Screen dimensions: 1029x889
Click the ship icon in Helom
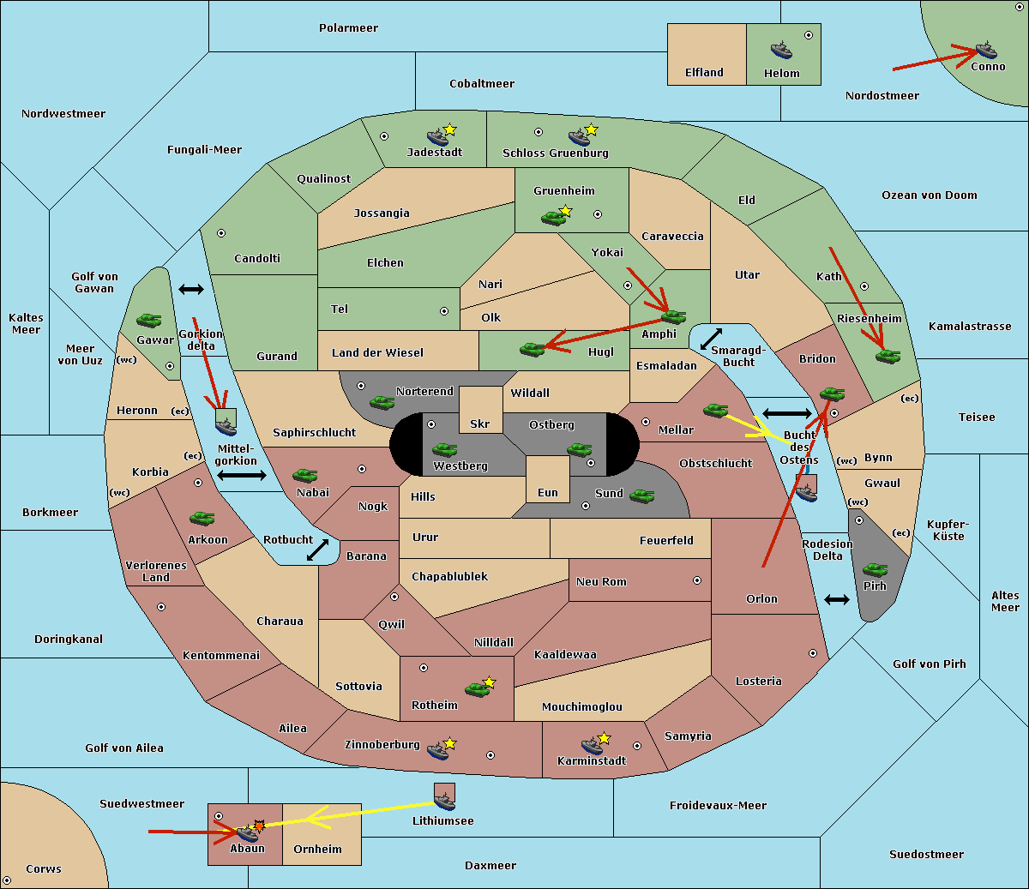pyautogui.click(x=781, y=50)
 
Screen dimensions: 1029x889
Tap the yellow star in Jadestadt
pyautogui.click(x=449, y=130)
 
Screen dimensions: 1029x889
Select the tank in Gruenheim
pyautogui.click(x=554, y=218)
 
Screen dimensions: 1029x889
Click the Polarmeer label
pyautogui.click(x=348, y=28)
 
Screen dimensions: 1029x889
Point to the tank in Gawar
pyautogui.click(x=149, y=321)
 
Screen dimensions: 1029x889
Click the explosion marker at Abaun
pyautogui.click(x=259, y=826)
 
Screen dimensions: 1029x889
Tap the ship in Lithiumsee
pyautogui.click(x=444, y=802)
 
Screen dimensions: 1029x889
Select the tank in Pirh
pyautogui.click(x=875, y=570)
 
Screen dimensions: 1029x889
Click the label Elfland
pyautogui.click(x=704, y=73)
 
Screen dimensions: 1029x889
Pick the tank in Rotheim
pyautogui.click(x=477, y=690)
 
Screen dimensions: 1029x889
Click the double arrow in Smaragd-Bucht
pyautogui.click(x=711, y=339)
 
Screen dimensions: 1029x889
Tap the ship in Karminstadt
pyautogui.click(x=592, y=746)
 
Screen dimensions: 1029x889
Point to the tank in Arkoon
pyautogui.click(x=202, y=519)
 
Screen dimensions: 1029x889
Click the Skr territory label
pyautogui.click(x=480, y=424)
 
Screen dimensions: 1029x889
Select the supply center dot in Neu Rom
pyautogui.click(x=697, y=580)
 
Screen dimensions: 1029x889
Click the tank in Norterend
pyautogui.click(x=382, y=403)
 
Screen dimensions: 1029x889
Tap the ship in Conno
pyautogui.click(x=986, y=50)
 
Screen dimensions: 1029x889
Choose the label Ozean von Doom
pyautogui.click(x=930, y=195)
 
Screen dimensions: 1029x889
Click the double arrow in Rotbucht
pyautogui.click(x=317, y=550)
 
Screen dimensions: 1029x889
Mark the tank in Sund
pyautogui.click(x=641, y=496)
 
